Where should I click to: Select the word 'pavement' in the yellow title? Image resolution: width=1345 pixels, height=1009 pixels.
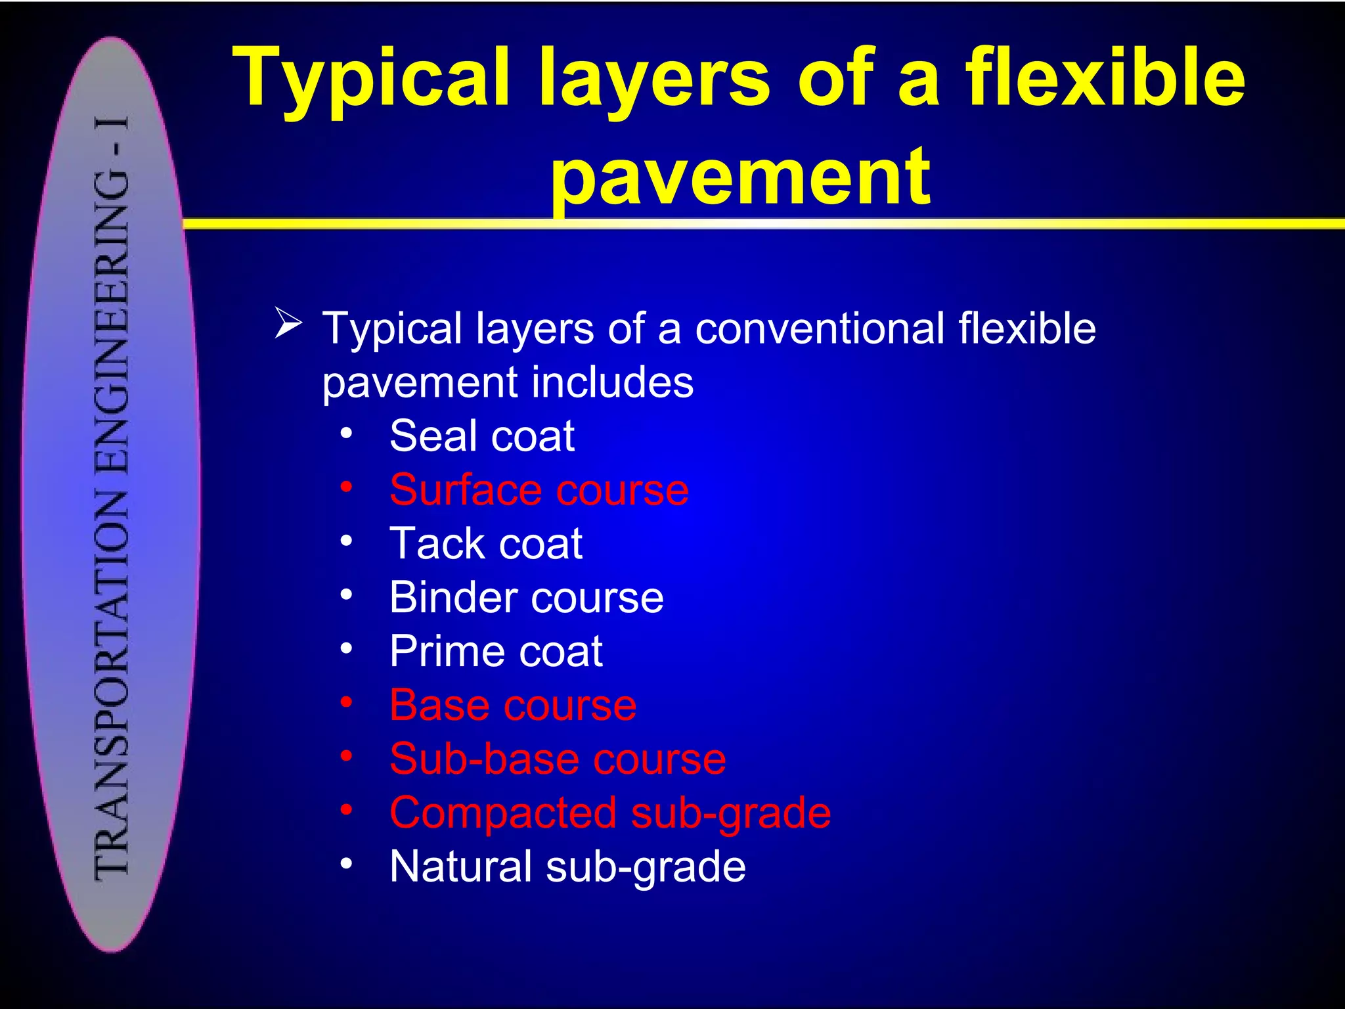tap(740, 176)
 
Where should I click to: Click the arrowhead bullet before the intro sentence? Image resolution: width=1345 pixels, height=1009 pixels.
tap(288, 323)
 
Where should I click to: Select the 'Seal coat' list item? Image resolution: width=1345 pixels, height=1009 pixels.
tap(482, 436)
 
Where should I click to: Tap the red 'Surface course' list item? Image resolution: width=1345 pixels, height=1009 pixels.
tap(539, 489)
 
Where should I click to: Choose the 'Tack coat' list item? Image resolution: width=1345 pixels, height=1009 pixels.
tap(486, 543)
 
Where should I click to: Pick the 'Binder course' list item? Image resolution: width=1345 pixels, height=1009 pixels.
tap(526, 597)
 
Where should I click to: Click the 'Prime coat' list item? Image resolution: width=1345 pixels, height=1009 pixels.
tap(496, 651)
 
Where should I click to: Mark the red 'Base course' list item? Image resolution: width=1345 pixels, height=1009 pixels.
tap(513, 705)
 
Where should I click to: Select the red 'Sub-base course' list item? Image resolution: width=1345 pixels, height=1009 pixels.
tap(558, 759)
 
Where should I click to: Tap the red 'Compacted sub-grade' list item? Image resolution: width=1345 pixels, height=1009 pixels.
tap(610, 813)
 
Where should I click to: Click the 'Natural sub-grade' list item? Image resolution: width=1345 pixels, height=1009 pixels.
tap(567, 866)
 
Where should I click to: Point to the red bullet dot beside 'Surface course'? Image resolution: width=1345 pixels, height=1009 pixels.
tap(347, 487)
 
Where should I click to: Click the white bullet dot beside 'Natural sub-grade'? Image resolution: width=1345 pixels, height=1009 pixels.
tap(347, 863)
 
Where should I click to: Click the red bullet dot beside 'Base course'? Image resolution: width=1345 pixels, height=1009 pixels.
tap(347, 702)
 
